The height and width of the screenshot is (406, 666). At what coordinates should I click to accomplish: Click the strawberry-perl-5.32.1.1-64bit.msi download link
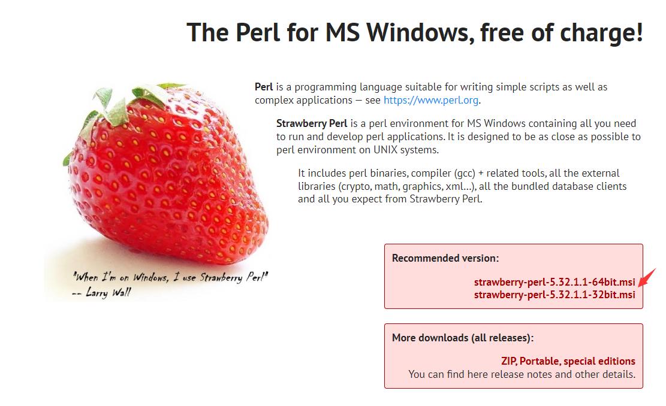tap(555, 282)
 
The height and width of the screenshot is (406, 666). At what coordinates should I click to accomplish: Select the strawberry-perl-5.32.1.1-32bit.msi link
tap(555, 295)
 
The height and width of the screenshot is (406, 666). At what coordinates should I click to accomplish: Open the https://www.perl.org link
tap(431, 100)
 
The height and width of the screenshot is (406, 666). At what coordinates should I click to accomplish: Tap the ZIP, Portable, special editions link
tap(568, 361)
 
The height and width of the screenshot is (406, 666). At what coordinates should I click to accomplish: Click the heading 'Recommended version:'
tap(445, 258)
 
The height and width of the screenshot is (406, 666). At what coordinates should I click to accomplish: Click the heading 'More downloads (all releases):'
tap(463, 338)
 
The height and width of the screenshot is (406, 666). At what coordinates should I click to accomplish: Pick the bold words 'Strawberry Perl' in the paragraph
tap(312, 123)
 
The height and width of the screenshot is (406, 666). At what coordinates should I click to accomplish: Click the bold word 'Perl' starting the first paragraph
tap(264, 87)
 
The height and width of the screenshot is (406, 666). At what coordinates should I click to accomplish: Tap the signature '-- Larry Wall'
tap(101, 292)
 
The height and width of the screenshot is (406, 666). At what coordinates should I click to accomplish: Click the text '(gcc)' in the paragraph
tap(465, 174)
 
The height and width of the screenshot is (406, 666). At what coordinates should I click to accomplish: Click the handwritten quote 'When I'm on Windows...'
tap(170, 277)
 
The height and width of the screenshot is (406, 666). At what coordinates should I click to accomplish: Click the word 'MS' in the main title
tap(342, 32)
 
